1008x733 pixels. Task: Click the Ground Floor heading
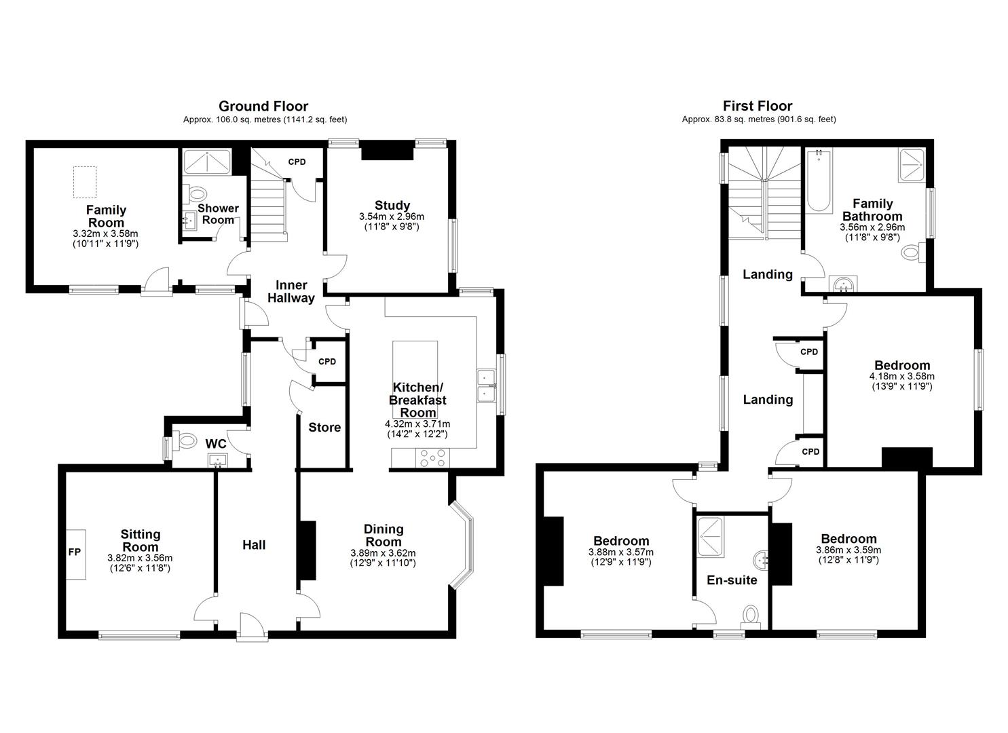coord(263,106)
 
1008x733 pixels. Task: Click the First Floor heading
coord(758,106)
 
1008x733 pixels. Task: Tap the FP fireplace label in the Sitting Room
coord(75,552)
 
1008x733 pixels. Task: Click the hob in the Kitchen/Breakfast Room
coord(428,459)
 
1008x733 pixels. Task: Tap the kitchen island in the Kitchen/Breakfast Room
coord(415,380)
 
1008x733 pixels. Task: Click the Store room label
coord(324,428)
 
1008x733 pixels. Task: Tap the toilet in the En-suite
coord(751,615)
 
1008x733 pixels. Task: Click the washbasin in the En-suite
coord(761,561)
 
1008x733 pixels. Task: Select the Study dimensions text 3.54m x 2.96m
coord(392,217)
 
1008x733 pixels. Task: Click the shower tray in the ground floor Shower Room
coord(207,163)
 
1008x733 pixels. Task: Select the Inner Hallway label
coord(291,291)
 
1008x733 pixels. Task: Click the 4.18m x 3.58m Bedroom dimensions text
coord(901,376)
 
